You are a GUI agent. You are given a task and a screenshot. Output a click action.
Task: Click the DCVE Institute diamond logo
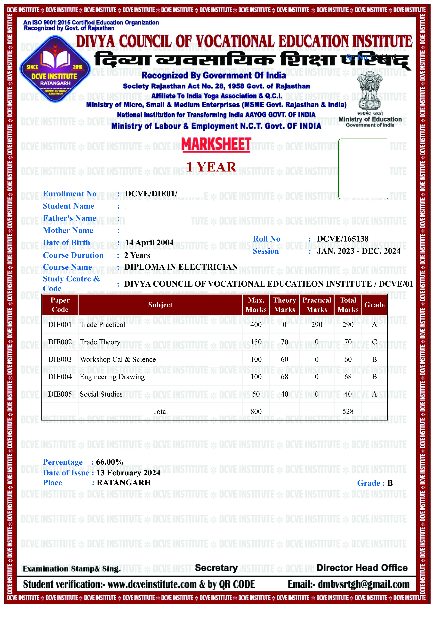pos(55,69)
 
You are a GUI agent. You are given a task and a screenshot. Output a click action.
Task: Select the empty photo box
pos(364,169)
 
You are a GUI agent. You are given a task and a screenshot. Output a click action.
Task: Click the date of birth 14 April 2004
pos(149,243)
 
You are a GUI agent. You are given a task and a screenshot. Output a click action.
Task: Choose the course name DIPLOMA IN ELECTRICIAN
pos(181,267)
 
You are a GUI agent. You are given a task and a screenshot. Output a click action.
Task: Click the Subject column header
pos(160,305)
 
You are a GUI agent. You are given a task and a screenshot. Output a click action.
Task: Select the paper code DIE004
pos(60,377)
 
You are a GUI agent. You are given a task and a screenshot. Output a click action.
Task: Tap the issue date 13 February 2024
pos(128,473)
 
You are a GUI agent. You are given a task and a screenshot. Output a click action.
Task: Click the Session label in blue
pos(266,251)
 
